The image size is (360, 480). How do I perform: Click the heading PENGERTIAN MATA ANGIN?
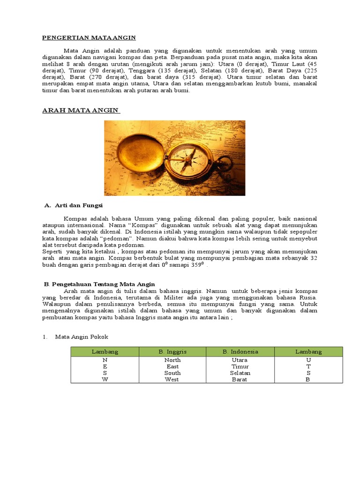[x=89, y=37]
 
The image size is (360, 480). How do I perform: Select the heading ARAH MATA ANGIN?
[x=81, y=111]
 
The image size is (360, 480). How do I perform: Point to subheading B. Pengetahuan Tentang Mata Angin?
[x=99, y=284]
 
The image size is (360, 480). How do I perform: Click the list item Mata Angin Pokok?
[x=82, y=337]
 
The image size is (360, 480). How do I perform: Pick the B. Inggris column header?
[x=172, y=352]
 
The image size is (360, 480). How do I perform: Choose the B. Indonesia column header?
[x=240, y=352]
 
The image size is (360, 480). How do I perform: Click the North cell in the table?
[x=172, y=360]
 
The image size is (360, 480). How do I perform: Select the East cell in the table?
[x=172, y=367]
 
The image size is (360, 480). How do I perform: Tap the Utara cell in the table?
[x=240, y=360]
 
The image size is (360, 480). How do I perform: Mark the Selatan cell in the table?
[x=240, y=373]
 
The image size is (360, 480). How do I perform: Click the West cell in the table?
[x=172, y=380]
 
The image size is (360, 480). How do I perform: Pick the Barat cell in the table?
[x=240, y=380]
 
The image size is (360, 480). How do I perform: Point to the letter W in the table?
[x=105, y=380]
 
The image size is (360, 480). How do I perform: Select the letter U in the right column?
[x=308, y=360]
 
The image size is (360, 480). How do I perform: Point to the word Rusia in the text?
[x=307, y=297]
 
